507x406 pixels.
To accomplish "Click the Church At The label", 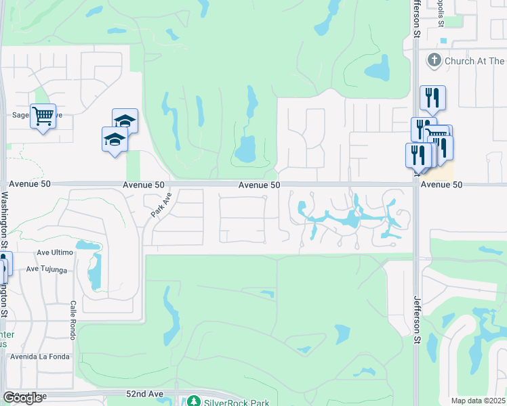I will (x=475, y=61).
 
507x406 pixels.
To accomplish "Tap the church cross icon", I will (x=434, y=61).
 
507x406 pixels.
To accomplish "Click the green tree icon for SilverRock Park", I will (x=193, y=401).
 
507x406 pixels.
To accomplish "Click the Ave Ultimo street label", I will (x=54, y=252).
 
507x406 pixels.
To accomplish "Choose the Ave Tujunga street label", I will (x=46, y=269).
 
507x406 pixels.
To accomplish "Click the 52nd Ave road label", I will (x=145, y=393).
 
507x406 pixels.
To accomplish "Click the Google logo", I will (x=22, y=398).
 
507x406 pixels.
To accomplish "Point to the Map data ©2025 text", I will (x=479, y=401).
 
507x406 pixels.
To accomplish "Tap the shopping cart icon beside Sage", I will (x=43, y=116).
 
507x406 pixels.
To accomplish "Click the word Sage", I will (x=21, y=116).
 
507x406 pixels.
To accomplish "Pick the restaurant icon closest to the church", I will (x=432, y=98).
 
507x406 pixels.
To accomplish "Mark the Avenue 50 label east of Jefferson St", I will (x=441, y=184).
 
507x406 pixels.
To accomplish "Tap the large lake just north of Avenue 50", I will (x=245, y=148).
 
